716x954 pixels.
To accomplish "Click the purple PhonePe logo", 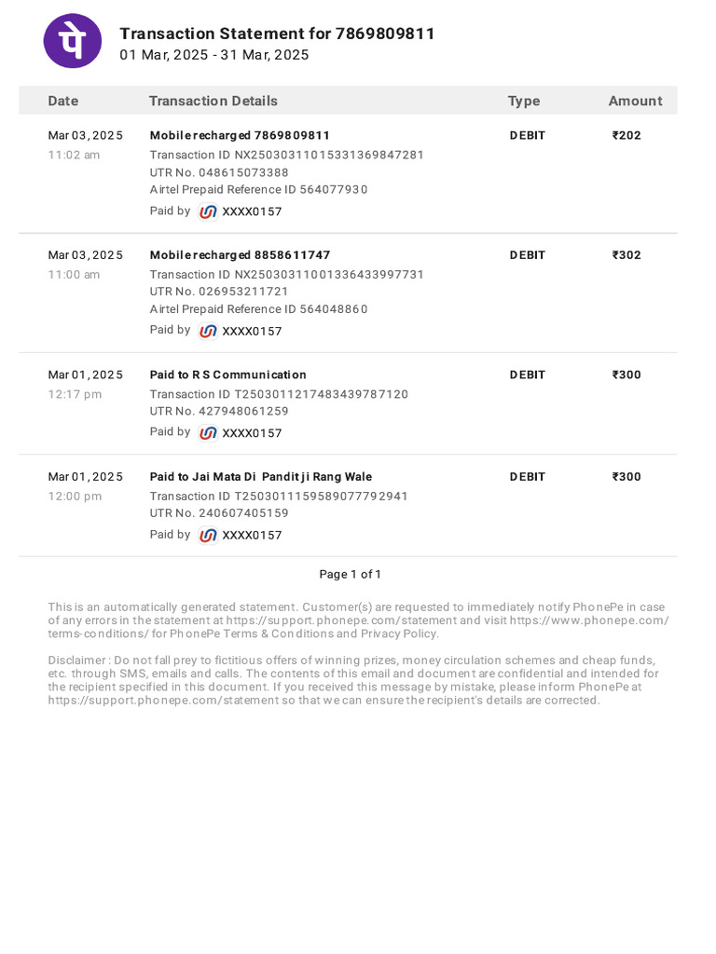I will [x=73, y=41].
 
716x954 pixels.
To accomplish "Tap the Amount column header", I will [x=635, y=101].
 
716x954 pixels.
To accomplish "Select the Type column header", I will [x=523, y=101].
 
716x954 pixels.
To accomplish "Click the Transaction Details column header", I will [x=213, y=101].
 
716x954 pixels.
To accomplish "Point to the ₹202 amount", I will [x=626, y=135].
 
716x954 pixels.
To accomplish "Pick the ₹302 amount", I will [x=626, y=255].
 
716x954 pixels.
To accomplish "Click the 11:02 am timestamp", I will [x=74, y=155].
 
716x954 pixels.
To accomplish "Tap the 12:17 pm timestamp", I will [x=75, y=394].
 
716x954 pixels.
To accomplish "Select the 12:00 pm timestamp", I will [x=75, y=496].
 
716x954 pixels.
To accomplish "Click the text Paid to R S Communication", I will [x=227, y=375].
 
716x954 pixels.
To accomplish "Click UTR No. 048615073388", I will [x=219, y=172].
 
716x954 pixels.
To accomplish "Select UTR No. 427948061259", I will [x=219, y=411].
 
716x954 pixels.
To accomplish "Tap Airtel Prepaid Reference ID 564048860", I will [x=258, y=309].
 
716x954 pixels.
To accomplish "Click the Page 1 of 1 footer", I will [x=350, y=574].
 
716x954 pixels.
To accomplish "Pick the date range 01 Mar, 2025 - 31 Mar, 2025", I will [x=213, y=55].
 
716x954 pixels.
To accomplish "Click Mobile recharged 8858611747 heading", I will [x=240, y=255].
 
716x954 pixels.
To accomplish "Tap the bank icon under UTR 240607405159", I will [x=208, y=535].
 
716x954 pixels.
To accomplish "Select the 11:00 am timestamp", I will [x=74, y=275].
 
